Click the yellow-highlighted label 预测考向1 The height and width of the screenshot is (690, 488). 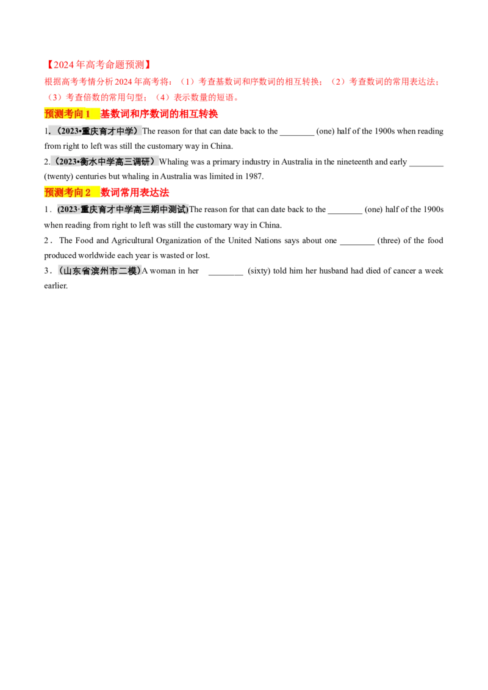[67, 114]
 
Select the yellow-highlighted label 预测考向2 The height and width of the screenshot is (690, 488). [68, 193]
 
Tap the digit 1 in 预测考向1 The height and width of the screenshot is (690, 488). [87, 114]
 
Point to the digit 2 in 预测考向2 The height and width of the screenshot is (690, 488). [88, 193]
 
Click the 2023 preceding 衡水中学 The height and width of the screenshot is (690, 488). [68, 162]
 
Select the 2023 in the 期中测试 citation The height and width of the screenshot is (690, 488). [66, 210]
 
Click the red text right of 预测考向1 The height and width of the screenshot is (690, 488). [159, 114]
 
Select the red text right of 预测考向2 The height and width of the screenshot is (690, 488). [135, 193]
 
